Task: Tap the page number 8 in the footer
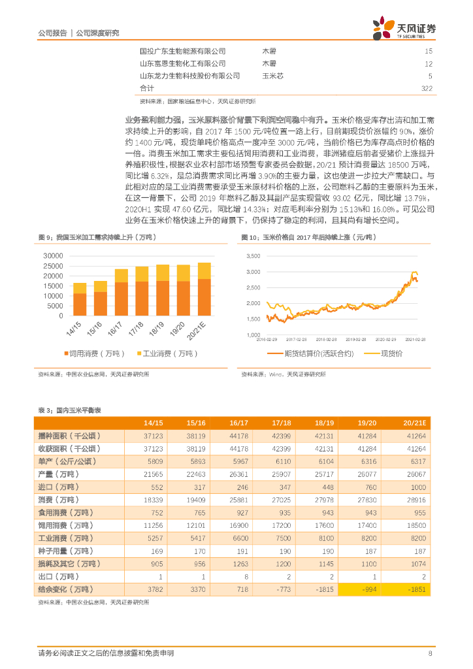430,653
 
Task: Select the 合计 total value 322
427,88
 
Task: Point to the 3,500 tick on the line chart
253,256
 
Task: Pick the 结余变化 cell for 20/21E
416,588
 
